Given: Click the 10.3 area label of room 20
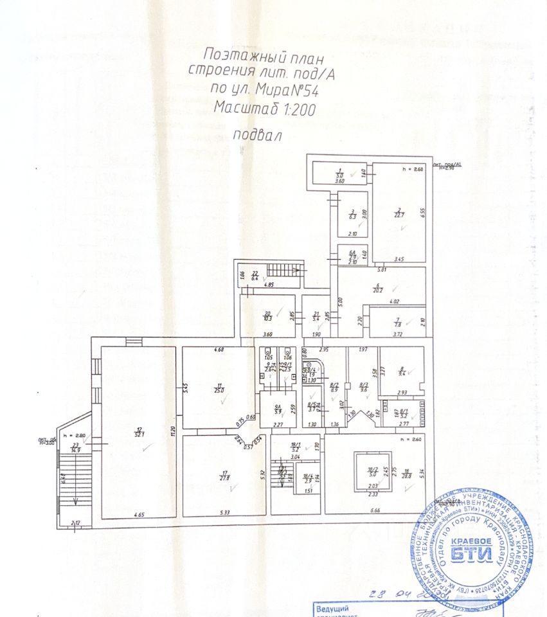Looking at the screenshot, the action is coord(267,317).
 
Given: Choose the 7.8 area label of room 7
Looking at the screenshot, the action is coord(397,324).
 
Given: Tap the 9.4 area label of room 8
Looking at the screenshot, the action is coord(402,372).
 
